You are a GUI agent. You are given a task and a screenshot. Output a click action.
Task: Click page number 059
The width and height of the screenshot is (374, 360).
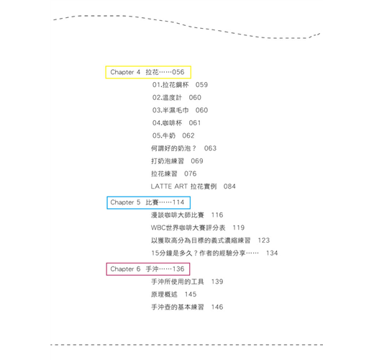pos(201,85)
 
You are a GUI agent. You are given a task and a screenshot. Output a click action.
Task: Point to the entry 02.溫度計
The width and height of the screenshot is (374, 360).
pos(167,97)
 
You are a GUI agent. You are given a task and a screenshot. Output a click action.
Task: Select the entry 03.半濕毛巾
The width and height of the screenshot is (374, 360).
pos(170,110)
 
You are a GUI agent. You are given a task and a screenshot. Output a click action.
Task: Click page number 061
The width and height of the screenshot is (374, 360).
pos(195,123)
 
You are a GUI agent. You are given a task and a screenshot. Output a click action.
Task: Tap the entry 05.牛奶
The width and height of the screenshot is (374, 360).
pos(164,135)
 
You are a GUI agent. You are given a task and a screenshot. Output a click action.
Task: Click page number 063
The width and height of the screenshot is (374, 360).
pos(210,148)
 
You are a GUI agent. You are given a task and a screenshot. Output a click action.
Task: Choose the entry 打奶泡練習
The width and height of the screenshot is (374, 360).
pos(168,161)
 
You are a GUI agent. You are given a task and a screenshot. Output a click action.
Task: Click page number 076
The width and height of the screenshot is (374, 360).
pos(191,174)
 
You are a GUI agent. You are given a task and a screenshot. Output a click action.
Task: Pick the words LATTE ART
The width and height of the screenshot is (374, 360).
pos(169,186)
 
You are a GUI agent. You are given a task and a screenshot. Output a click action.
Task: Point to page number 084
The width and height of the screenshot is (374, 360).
pos(229,186)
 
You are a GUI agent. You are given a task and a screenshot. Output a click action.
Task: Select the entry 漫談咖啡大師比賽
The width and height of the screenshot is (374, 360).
pos(178,215)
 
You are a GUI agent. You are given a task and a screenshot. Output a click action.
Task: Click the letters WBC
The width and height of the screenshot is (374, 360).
pos(158,228)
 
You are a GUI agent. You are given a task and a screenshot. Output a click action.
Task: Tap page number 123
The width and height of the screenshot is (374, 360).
pos(264,240)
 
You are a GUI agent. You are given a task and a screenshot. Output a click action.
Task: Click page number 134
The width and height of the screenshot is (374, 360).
pos(272,253)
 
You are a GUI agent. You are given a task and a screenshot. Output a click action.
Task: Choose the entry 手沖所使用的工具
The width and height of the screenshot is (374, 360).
pos(178,282)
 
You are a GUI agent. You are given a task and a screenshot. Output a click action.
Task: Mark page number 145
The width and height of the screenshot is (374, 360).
pos(191,294)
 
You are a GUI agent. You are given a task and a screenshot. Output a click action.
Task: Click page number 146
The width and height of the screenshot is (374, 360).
pos(217,307)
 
